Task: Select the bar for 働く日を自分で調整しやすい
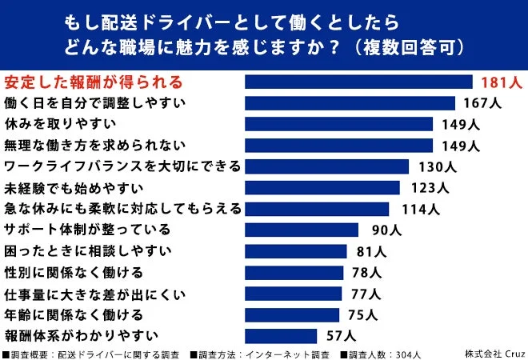click(350, 102)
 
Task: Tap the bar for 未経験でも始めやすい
click(322, 187)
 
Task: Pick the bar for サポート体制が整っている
click(302, 230)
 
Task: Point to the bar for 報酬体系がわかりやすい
click(281, 334)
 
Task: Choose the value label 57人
click(337, 334)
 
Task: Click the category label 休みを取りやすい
click(61, 124)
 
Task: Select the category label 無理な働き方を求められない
click(94, 145)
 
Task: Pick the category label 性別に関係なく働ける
click(74, 272)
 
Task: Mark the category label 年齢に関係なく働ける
click(74, 314)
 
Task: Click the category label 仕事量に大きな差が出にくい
click(94, 293)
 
